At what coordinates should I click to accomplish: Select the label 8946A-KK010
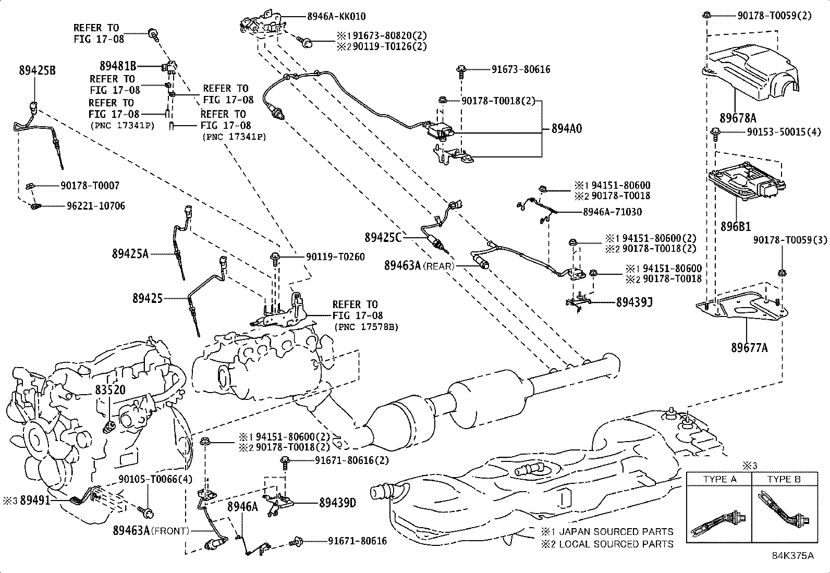pyautogui.click(x=336, y=17)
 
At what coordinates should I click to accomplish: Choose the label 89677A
pyautogui.click(x=749, y=348)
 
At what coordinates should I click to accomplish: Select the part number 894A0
pyautogui.click(x=567, y=128)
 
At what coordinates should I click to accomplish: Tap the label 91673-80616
pyautogui.click(x=520, y=69)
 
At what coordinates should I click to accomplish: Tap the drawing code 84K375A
pyautogui.click(x=792, y=555)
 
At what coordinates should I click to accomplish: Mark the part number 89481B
pyautogui.click(x=118, y=66)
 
